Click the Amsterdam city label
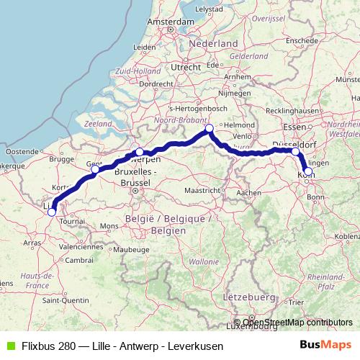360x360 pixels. (x=171, y=22)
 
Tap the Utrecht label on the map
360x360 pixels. (x=186, y=67)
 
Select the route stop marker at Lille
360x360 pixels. (x=51, y=212)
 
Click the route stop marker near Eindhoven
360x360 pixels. (x=210, y=129)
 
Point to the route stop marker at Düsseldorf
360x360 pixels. (x=296, y=152)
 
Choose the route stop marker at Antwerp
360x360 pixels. (x=140, y=152)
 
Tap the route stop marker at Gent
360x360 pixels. (x=95, y=169)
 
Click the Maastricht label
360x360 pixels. (x=201, y=191)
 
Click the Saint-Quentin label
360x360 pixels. (x=60, y=299)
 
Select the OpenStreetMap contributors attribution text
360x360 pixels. (x=297, y=323)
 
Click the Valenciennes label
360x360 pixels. (x=81, y=246)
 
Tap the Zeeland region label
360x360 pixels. (x=98, y=124)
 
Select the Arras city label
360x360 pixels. (x=32, y=243)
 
